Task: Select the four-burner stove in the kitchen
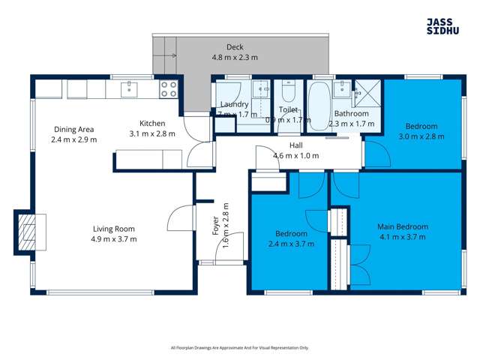pos(169,89)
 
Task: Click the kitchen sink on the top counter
pos(128,89)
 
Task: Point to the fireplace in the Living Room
pos(26,230)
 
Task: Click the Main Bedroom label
pos(402,226)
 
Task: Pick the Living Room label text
pos(115,229)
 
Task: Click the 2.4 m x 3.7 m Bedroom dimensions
pos(290,244)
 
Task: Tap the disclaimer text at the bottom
pos(240,347)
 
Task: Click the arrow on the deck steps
pos(172,56)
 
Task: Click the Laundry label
pos(234,104)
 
